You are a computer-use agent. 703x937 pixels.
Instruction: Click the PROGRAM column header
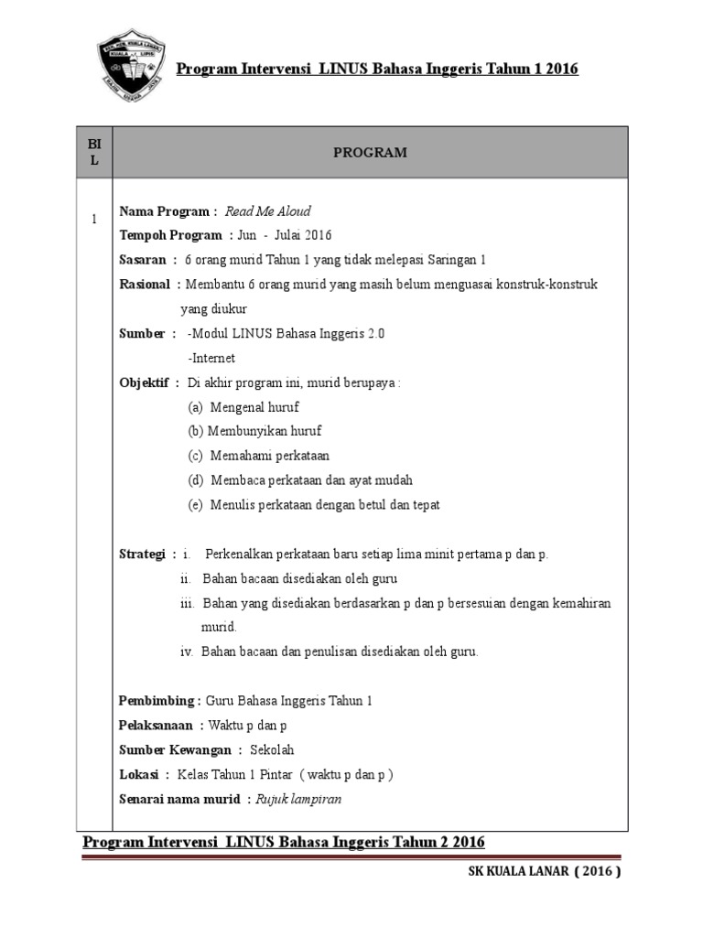coord(369,153)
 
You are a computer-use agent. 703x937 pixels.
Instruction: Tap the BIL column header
coord(94,153)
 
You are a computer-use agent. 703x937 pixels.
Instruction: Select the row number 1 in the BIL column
coord(93,219)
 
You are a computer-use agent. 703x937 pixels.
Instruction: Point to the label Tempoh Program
coord(170,235)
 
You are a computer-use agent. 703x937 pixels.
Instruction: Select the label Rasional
coord(145,285)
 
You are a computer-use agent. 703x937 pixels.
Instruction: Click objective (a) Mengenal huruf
coord(243,407)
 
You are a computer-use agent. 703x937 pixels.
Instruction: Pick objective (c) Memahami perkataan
coord(259,456)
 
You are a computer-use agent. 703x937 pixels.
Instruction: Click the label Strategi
coord(143,555)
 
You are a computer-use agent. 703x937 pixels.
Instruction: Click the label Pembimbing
coord(157,701)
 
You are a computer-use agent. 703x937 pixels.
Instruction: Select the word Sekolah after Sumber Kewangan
coord(276,750)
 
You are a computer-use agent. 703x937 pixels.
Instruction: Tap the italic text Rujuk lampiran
coord(301,799)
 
